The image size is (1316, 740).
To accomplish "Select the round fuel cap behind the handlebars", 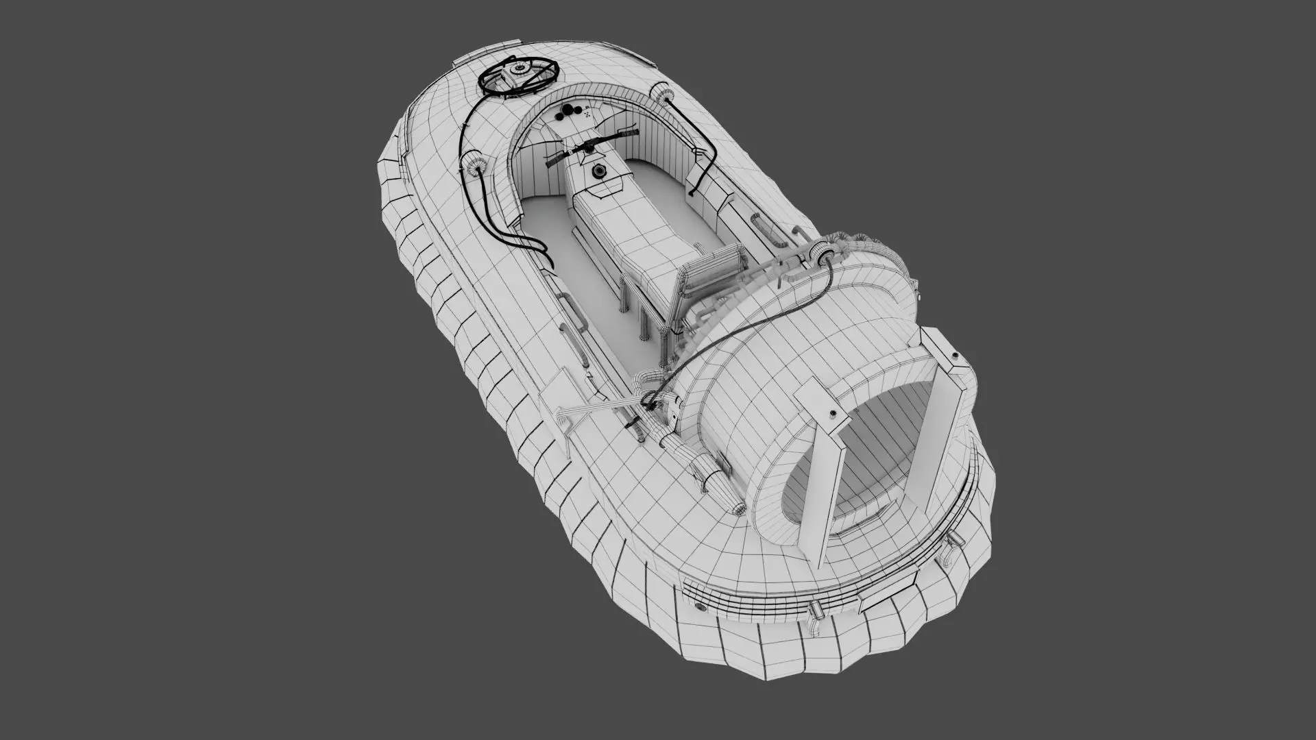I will click(600, 170).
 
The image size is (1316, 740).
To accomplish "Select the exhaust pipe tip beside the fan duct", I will click(738, 508).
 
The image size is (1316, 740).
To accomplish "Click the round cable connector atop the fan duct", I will click(822, 255).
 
